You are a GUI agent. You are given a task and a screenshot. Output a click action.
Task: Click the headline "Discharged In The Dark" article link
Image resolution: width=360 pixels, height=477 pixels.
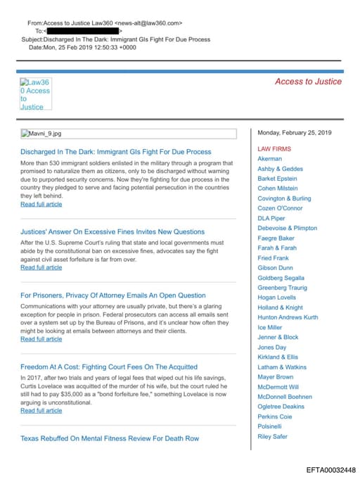pos(115,152)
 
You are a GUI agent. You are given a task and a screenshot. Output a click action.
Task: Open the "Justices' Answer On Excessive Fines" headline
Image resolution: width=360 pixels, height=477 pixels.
pos(112,231)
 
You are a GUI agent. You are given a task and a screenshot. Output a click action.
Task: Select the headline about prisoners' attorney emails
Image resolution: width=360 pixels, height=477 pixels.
pos(113,295)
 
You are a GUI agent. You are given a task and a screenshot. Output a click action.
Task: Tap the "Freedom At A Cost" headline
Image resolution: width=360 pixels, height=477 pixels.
pos(109,367)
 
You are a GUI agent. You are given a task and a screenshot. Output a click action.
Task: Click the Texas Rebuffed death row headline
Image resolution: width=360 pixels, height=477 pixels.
pos(110,438)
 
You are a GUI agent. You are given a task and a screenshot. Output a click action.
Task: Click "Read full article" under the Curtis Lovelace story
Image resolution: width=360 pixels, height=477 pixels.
pos(41,411)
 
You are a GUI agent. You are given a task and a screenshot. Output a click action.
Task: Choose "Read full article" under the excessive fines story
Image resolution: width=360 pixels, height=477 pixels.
pos(41,267)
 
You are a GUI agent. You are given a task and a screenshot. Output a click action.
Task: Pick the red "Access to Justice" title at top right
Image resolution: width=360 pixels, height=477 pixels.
pos(308,82)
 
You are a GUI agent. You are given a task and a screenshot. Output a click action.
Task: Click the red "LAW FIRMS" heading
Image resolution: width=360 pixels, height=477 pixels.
pos(274,149)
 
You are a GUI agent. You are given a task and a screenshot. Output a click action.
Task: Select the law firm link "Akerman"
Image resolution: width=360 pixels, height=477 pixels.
pos(270,159)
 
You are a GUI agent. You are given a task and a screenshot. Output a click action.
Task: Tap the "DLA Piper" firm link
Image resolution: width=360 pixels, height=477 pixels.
pos(273,218)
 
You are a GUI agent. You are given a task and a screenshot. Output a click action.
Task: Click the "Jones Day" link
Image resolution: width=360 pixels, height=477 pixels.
pos(272,348)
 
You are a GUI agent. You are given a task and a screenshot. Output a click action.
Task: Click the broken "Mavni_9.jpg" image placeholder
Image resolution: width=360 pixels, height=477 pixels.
pos(41,133)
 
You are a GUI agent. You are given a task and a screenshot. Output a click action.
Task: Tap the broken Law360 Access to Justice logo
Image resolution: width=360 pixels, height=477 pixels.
pos(35,94)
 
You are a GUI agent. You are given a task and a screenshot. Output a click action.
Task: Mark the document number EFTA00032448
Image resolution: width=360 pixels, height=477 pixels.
pos(330,469)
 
